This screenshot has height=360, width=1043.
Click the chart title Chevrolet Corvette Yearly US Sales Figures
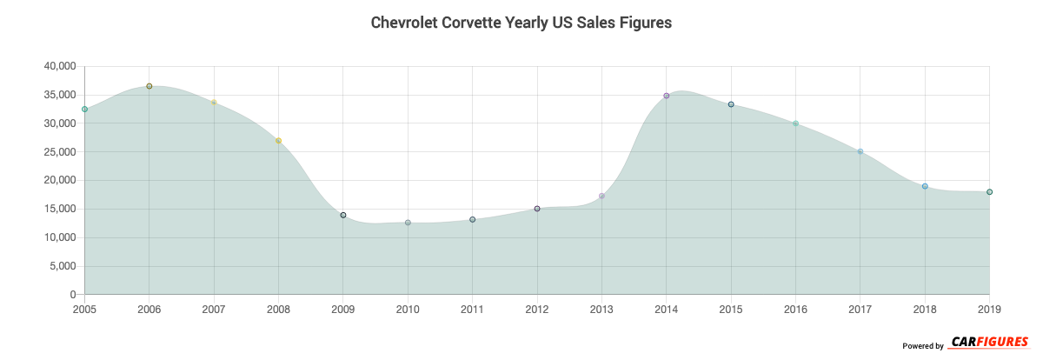click(x=521, y=23)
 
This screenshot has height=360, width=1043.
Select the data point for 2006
click(x=149, y=86)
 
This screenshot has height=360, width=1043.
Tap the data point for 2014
click(x=667, y=96)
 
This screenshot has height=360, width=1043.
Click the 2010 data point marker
click(x=408, y=223)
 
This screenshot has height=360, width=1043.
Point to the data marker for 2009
click(x=343, y=215)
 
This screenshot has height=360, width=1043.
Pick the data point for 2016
click(x=795, y=123)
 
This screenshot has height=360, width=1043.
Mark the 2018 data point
click(x=925, y=186)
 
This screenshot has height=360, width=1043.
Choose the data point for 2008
click(x=278, y=141)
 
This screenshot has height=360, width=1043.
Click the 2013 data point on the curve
click(x=601, y=197)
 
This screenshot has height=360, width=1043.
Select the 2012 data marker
click(x=537, y=209)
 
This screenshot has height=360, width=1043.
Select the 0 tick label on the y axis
click(x=73, y=295)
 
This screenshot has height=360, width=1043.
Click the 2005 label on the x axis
click(x=85, y=309)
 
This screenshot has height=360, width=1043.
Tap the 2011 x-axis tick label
click(x=473, y=309)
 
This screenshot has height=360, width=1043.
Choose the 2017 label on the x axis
click(x=860, y=309)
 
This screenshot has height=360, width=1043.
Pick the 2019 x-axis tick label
click(x=989, y=309)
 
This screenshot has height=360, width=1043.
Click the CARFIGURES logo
click(x=990, y=343)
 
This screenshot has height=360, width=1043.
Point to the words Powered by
click(x=923, y=346)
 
